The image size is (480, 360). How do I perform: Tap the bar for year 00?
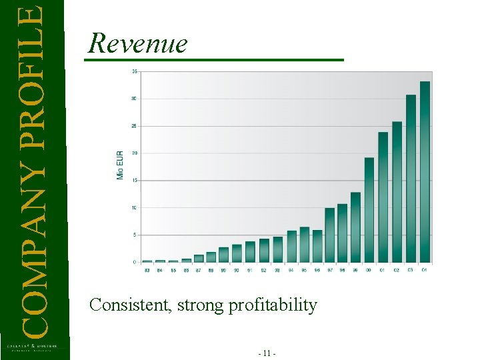tap(369, 209)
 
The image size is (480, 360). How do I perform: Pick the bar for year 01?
tap(383, 197)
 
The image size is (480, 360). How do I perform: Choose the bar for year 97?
tap(329, 235)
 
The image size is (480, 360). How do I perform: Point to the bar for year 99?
tap(356, 227)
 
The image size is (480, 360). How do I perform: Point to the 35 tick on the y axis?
tap(135, 71)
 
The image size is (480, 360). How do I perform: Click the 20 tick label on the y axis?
tap(135, 153)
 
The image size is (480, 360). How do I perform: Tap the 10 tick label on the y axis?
tap(135, 208)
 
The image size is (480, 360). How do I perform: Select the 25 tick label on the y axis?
tap(135, 126)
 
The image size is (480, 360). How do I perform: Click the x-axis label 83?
tap(147, 270)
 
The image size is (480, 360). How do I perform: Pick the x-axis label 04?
tap(425, 270)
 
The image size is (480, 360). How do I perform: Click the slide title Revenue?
tap(138, 43)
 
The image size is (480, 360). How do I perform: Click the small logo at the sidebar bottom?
tap(32, 347)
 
